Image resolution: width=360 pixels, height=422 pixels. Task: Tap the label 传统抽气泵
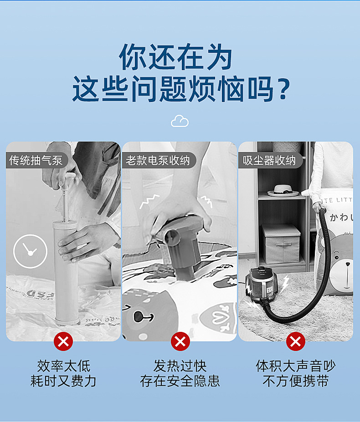tap(36, 160)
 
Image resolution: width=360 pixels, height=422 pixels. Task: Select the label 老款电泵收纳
tap(158, 160)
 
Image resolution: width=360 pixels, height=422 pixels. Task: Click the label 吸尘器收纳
tap(269, 160)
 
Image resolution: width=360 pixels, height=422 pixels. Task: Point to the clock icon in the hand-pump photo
tap(30, 251)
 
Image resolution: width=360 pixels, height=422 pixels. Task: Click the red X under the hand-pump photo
tap(63, 341)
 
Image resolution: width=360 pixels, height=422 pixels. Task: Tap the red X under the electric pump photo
tap(180, 341)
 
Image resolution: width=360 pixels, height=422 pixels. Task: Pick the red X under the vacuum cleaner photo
tap(296, 341)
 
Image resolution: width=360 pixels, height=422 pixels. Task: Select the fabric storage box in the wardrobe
tap(281, 244)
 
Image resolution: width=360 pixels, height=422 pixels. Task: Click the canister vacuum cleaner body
tap(261, 284)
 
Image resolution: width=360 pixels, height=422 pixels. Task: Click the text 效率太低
tap(64, 366)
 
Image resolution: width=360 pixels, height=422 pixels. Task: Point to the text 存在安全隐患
tap(180, 381)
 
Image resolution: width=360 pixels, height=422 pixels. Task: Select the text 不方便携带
tap(296, 381)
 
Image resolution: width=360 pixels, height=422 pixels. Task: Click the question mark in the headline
tap(284, 89)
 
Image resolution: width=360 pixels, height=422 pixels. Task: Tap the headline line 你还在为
tap(176, 57)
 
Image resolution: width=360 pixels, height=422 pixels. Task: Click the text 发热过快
tap(180, 366)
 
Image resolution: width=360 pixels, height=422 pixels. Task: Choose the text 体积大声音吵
tap(296, 366)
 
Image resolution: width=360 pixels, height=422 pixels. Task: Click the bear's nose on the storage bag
tap(348, 264)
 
